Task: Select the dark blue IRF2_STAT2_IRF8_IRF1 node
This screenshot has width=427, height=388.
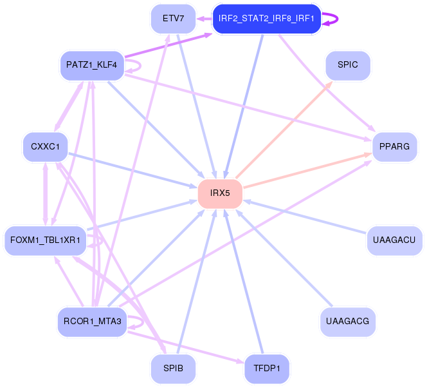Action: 266,18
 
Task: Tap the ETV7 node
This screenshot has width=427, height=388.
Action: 173,18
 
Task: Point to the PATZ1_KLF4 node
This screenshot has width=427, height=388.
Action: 91,65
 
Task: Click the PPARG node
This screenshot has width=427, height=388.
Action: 394,147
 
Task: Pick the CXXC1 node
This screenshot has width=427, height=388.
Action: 45,147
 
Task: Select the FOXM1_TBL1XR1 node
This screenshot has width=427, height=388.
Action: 45,240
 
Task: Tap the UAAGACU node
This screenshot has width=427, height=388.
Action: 394,240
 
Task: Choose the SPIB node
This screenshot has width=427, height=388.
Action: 173,369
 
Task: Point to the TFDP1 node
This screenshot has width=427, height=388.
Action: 267,369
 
